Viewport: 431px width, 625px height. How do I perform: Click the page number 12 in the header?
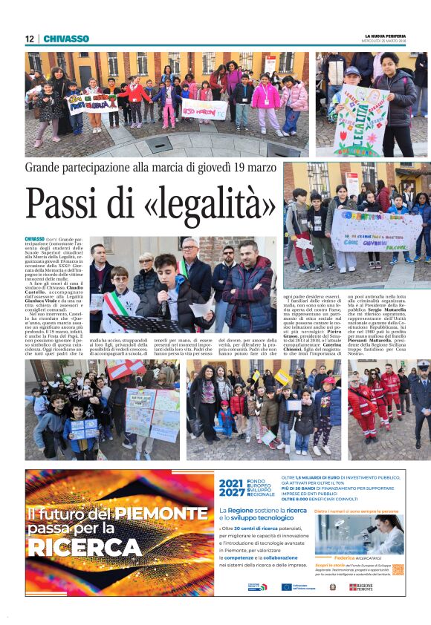29,39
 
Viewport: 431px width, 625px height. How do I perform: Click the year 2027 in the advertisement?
231,493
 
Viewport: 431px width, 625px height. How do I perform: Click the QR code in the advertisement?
398,569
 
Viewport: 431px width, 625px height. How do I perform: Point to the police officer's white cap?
423,364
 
